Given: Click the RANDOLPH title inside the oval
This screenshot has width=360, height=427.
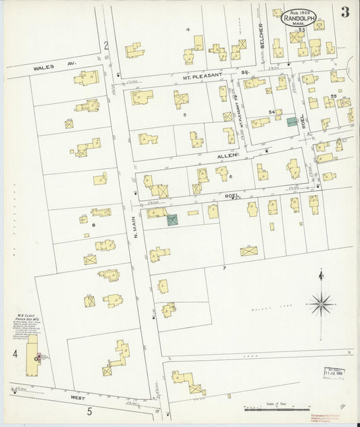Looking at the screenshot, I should click(302, 20).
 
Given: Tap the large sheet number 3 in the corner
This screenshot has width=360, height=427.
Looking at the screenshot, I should click(345, 11).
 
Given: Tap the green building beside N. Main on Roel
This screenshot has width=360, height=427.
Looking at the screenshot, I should click(172, 220).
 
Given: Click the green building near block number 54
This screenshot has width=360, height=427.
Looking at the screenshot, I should click(291, 122).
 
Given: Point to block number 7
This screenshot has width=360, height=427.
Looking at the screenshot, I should click(224, 268).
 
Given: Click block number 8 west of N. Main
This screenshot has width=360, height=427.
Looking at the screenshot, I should click(94, 225).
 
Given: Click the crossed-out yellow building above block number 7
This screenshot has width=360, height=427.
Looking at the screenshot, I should click(249, 251).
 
